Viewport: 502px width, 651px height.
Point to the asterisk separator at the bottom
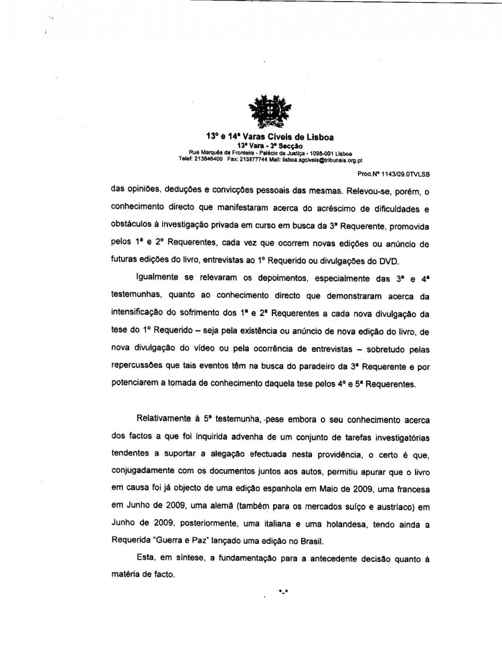coord(283,591)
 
